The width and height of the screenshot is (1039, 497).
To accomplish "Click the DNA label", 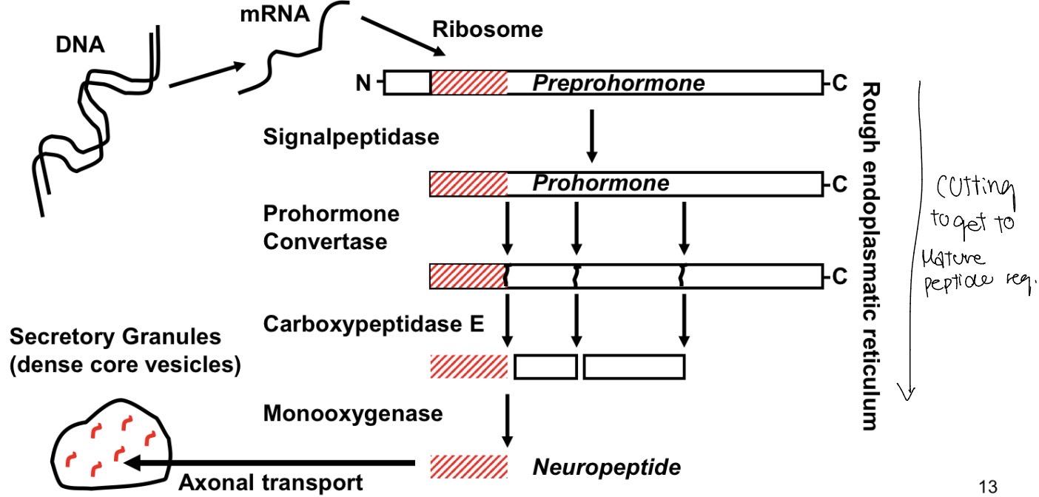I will (x=81, y=46).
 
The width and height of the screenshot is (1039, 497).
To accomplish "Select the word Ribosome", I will (x=488, y=30).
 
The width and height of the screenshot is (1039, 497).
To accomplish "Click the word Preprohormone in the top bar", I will (x=618, y=83).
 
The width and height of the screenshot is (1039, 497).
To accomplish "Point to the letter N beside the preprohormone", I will (x=363, y=84).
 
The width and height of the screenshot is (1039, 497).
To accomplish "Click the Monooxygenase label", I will (x=353, y=413).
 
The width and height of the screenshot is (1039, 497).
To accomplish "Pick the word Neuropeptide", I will (x=607, y=467).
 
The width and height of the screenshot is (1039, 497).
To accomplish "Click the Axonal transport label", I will (x=271, y=483).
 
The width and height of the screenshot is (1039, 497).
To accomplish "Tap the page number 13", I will (x=987, y=486).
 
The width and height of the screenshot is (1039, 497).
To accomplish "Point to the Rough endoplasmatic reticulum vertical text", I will (x=870, y=255).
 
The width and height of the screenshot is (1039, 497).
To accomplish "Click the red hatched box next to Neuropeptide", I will (x=468, y=467).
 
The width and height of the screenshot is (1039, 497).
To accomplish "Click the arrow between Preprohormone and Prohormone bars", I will (x=591, y=137).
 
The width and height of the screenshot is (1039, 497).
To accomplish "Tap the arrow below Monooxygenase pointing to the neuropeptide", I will (x=507, y=419).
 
